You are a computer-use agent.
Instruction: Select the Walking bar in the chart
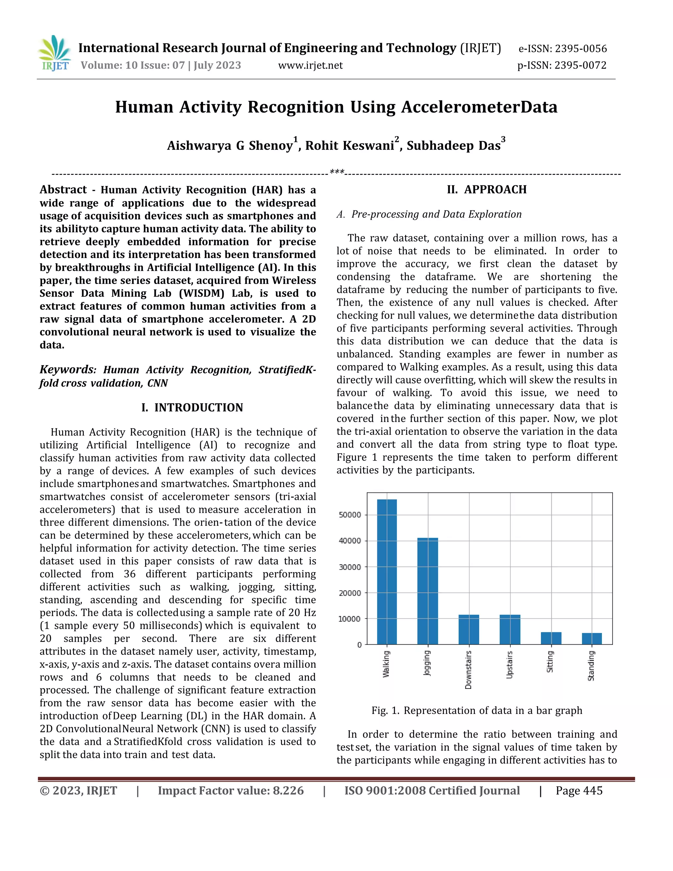pos(387,572)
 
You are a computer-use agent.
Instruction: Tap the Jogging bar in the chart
pos(428,591)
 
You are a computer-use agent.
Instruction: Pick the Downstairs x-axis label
pos(469,670)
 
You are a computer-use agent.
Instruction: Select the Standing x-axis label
pos(591,665)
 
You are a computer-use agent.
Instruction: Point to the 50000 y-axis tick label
pos(350,515)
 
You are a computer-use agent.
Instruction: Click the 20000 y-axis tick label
pos(350,593)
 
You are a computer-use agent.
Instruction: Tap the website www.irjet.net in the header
pos(310,65)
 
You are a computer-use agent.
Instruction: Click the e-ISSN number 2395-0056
pos(581,49)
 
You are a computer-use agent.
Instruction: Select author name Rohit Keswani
pos(350,146)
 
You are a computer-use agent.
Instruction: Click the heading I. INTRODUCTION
pos(192,408)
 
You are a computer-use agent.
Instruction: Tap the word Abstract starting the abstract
pos(63,190)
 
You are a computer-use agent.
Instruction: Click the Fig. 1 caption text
pos(476,710)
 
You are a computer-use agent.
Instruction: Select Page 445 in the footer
pos(579,790)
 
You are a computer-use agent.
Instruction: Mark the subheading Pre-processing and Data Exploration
pos(436,214)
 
